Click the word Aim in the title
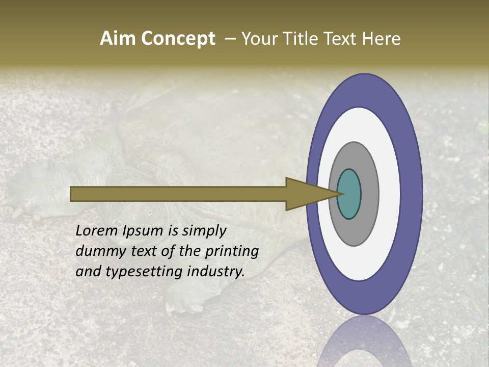pos(118,39)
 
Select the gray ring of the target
pos(369,194)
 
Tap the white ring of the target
pos(389,194)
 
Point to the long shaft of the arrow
pos(178,194)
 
